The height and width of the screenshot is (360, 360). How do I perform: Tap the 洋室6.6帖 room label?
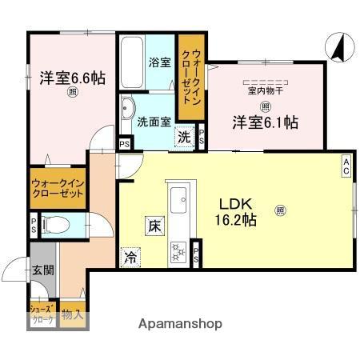(x=72, y=79)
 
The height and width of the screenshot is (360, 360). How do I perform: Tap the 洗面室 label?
(x=152, y=122)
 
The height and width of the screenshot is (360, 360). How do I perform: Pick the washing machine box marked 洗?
(x=184, y=136)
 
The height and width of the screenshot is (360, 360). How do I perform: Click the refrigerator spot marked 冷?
(x=129, y=258)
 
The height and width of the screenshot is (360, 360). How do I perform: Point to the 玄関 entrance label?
(x=44, y=270)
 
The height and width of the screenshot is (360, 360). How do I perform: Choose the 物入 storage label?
(x=72, y=314)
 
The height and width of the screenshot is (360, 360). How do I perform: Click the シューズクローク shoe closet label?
(x=42, y=315)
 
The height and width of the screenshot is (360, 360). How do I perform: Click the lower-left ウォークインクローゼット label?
(x=58, y=188)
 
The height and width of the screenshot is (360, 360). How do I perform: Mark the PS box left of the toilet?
(x=33, y=225)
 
